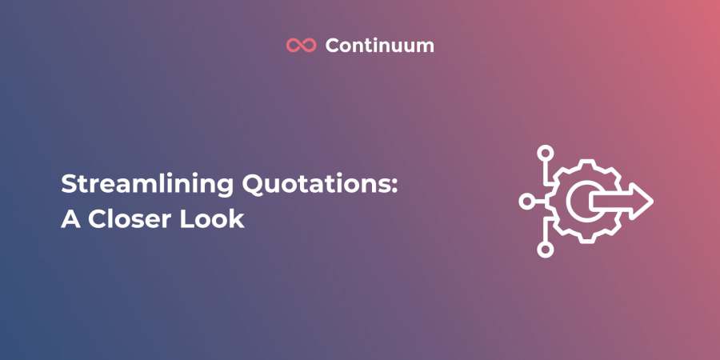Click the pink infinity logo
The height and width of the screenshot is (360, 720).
click(302, 45)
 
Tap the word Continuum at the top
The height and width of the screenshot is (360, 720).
click(380, 46)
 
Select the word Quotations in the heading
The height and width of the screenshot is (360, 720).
click(316, 185)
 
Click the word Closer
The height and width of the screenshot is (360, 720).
click(129, 219)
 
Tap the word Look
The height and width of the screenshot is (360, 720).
click(212, 219)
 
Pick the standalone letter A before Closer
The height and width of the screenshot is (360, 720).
click(70, 219)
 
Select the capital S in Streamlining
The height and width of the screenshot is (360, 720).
click(68, 185)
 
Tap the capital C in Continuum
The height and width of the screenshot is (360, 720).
click(333, 46)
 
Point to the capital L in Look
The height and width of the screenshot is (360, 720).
click(186, 219)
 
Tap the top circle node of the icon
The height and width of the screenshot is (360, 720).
click(546, 153)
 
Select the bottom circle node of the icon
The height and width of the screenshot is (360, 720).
click(546, 250)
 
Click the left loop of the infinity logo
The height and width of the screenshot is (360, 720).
click(294, 45)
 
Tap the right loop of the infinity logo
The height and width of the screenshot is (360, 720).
click(309, 45)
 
